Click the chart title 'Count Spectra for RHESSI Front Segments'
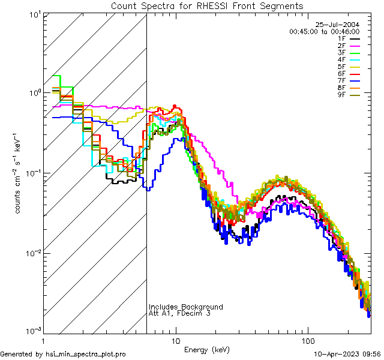click(207, 6)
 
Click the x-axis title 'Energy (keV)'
click(207, 349)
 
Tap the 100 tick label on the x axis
click(308, 340)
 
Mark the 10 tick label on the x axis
click(176, 340)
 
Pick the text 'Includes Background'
click(186, 307)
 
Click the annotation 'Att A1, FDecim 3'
click(180, 313)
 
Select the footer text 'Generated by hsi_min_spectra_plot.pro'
click(63, 354)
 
